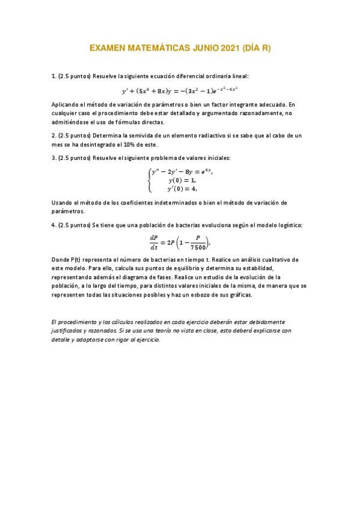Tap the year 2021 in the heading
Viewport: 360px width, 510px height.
[x=226, y=48]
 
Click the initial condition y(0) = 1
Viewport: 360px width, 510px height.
[x=182, y=180]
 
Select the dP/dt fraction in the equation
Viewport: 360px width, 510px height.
[x=154, y=241]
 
